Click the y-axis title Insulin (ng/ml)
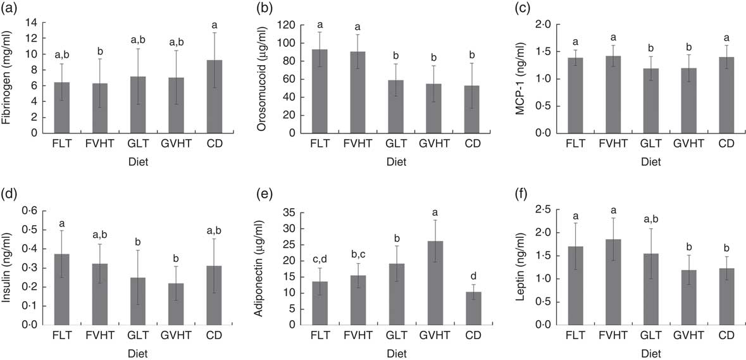(9, 266)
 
